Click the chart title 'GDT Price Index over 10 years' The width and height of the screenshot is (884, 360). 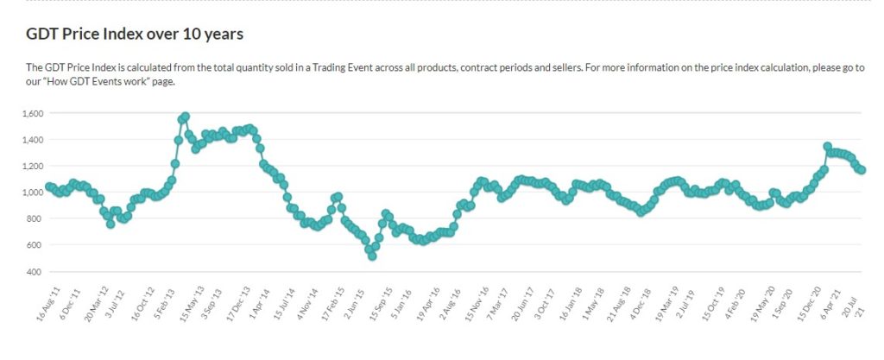point(136,35)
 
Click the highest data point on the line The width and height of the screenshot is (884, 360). point(185,117)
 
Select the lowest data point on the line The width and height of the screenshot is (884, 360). point(372,256)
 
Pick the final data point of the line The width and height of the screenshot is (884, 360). point(862,170)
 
